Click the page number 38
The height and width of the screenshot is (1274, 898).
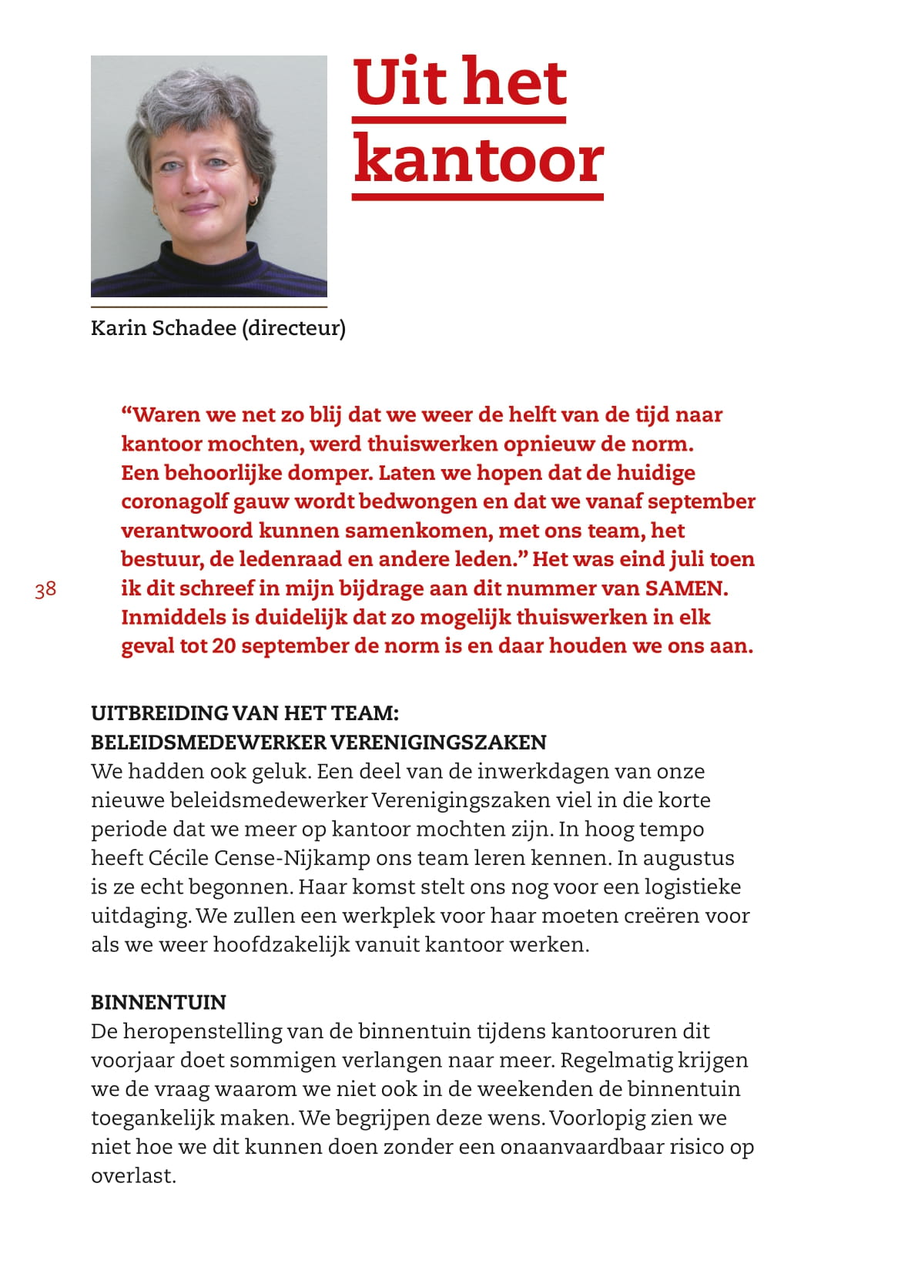[45, 589]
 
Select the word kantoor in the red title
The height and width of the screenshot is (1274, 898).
[478, 159]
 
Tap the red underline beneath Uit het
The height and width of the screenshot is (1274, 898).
[459, 119]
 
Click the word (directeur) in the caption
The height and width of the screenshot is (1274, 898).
[293, 328]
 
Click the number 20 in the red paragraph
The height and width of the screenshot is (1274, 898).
[223, 646]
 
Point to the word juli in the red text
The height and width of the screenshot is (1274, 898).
[689, 559]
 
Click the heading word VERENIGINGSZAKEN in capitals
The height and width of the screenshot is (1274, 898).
[438, 743]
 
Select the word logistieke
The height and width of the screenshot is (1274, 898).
[692, 887]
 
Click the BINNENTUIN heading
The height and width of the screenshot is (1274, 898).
[159, 1002]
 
